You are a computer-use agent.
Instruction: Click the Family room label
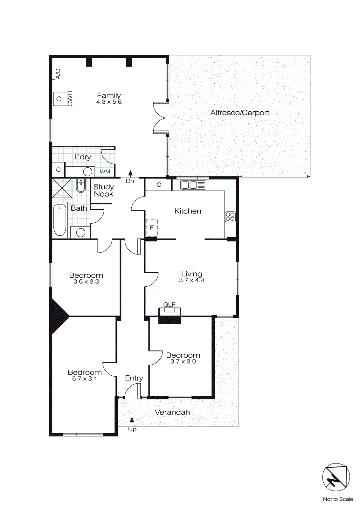coord(109,95)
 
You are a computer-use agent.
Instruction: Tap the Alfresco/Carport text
coord(240,113)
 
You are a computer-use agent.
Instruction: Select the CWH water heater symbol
coord(59,99)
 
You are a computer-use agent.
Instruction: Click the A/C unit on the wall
coord(54,74)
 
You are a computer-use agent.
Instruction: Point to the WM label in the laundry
coord(105,172)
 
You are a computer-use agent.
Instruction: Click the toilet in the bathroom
coord(81,186)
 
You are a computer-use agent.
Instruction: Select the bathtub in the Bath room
coord(60,220)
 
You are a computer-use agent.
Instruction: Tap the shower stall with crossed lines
coord(62,188)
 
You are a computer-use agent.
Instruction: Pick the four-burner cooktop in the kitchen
coord(230,217)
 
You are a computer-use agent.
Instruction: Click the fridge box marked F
coord(152,227)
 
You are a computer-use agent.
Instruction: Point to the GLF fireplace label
coord(169,304)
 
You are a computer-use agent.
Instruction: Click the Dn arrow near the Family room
coord(130,174)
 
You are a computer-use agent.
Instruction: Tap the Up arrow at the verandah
coord(132,421)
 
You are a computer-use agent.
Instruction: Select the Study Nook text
coord(104,191)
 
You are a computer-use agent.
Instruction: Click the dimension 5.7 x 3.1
coord(85,379)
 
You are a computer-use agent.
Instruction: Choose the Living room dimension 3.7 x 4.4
coord(191,280)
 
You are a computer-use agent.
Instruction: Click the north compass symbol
coord(336,477)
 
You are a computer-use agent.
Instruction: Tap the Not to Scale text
coord(338,499)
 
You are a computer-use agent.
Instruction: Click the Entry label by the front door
coord(134,378)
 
